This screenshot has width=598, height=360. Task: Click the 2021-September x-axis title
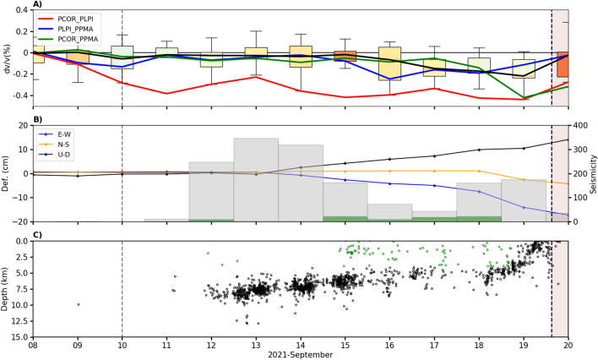pyautogui.click(x=300, y=354)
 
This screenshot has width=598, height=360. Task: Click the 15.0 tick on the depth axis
pyautogui.click(x=18, y=337)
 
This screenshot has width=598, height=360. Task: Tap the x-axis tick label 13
pyautogui.click(x=256, y=345)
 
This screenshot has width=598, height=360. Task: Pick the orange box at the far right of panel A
pyautogui.click(x=562, y=64)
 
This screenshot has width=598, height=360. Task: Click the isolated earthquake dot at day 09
pyautogui.click(x=79, y=304)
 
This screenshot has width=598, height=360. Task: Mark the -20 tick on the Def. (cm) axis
pyautogui.click(x=19, y=221)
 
